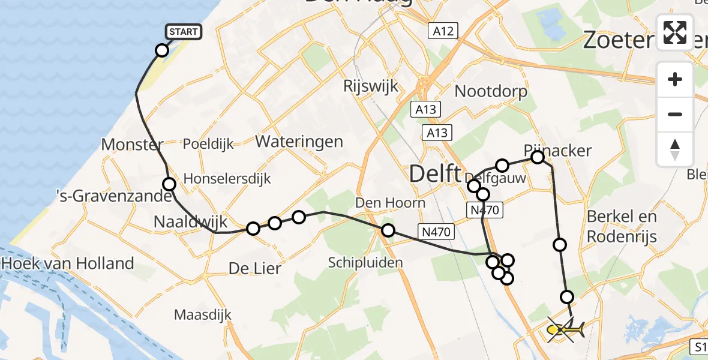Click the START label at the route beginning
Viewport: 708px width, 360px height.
183,32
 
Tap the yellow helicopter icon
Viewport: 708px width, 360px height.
565,329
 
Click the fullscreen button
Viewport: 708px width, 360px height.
675,32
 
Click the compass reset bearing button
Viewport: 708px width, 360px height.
675,149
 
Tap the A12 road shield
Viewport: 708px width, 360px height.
443,31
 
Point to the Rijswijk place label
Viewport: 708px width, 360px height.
370,86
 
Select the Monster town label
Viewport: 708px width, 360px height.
132,145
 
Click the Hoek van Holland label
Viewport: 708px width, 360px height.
68,263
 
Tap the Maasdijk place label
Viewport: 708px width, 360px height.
202,314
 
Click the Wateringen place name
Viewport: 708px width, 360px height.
299,142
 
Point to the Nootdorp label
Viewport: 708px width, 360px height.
491,91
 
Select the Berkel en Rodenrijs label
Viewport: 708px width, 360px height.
622,226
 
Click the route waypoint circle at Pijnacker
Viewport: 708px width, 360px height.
538,157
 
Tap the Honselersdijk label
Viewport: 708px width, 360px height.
227,178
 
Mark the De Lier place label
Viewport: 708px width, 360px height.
254,268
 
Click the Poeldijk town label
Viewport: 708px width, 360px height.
208,145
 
